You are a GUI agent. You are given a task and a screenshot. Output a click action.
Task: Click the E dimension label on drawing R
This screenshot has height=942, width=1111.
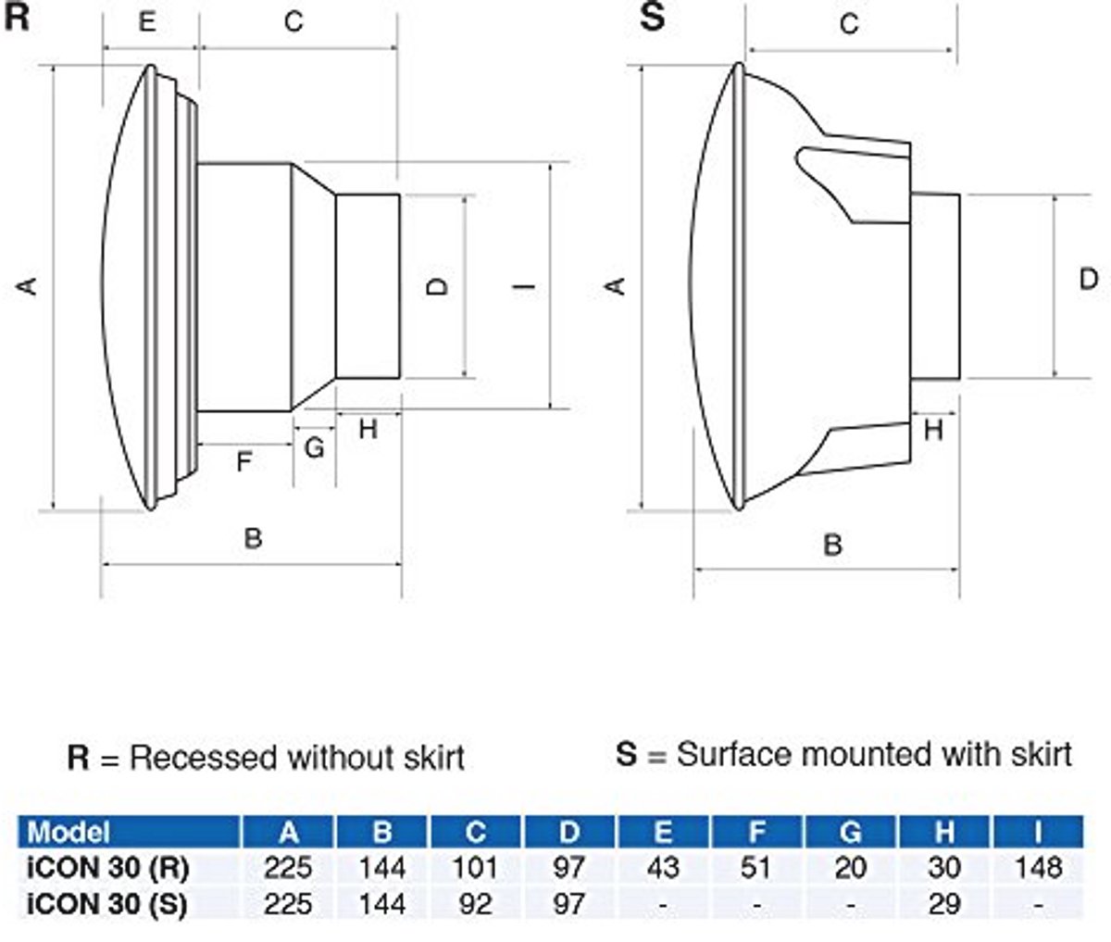click(x=147, y=22)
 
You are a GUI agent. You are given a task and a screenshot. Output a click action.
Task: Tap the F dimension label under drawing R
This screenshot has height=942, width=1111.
click(x=244, y=461)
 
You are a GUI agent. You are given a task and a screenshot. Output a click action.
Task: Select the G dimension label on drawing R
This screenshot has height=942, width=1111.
click(x=315, y=447)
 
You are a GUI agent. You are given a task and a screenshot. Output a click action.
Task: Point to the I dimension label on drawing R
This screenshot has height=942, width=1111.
click(x=524, y=285)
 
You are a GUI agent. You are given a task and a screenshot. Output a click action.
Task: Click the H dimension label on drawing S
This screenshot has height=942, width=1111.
click(x=933, y=430)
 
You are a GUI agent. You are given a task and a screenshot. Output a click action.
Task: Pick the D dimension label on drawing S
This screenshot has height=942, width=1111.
click(x=1089, y=280)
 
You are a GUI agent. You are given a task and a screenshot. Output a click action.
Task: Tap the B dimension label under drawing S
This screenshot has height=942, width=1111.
click(x=832, y=546)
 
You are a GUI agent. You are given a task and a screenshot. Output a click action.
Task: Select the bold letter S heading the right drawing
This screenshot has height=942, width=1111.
click(x=653, y=17)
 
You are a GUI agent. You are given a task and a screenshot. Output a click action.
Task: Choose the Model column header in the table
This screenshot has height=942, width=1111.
click(x=69, y=833)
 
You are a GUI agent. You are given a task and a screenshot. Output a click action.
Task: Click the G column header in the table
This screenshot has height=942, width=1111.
click(x=850, y=833)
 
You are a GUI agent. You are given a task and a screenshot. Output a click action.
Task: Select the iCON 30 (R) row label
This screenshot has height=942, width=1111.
click(x=108, y=868)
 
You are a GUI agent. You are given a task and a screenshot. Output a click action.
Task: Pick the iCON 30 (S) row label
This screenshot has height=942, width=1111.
click(x=107, y=903)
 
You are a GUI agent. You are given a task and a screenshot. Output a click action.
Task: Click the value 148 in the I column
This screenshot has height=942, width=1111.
click(x=1039, y=868)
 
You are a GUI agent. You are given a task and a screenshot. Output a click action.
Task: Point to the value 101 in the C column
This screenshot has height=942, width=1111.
click(x=475, y=868)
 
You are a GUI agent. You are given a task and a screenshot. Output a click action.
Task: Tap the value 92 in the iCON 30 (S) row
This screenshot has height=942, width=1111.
click(x=475, y=904)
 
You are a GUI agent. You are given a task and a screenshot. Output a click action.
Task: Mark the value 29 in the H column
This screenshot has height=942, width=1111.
click(x=944, y=904)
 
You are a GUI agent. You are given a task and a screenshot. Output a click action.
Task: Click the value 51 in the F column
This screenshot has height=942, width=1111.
click(x=755, y=868)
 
